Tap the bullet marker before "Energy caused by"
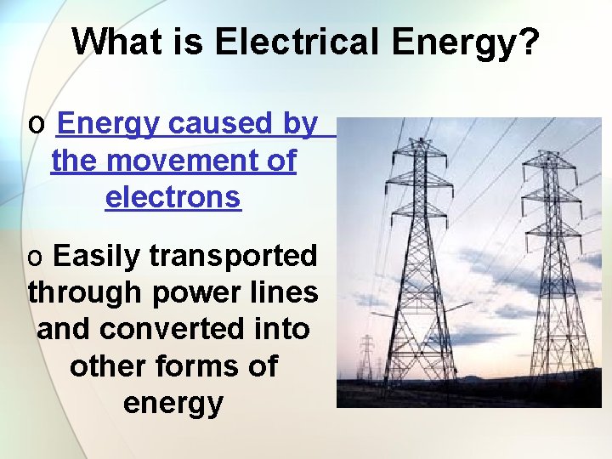36,125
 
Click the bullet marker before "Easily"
36,257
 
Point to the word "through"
85,292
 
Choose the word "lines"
287,292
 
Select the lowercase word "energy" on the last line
173,403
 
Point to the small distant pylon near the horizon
366,357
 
